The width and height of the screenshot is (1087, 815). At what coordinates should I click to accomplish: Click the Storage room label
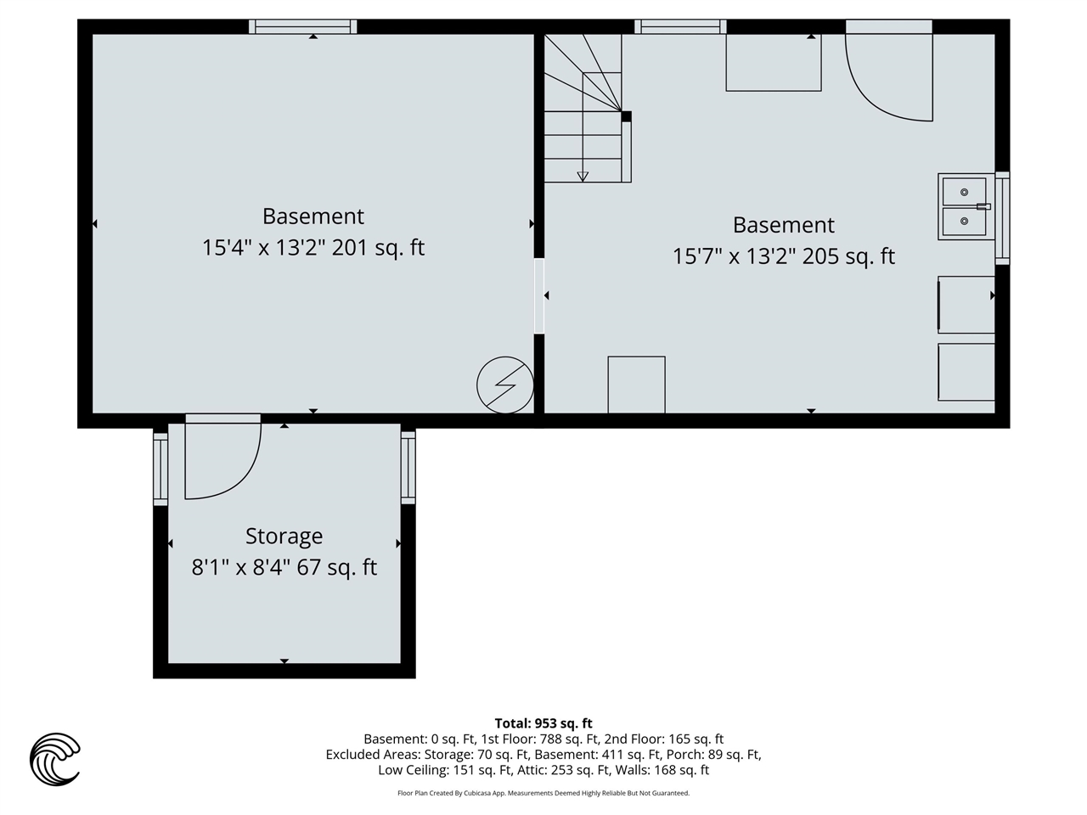(284, 537)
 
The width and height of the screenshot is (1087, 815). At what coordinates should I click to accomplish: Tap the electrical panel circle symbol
(505, 385)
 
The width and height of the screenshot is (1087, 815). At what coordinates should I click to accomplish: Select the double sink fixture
(964, 206)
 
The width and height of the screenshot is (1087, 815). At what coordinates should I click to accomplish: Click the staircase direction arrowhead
(583, 177)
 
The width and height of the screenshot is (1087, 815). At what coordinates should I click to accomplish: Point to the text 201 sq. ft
(378, 248)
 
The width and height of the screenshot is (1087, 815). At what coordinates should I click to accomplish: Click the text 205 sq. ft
(848, 256)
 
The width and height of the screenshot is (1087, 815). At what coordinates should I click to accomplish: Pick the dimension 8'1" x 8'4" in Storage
(240, 567)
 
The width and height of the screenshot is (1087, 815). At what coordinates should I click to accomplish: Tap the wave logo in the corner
(55, 758)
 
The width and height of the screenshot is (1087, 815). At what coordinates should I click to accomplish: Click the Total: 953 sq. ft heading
(543, 723)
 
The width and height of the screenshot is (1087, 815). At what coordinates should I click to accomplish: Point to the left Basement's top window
(303, 27)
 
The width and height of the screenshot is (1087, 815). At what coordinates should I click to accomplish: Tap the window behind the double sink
(1002, 216)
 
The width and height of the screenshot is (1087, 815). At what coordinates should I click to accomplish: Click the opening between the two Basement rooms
(538, 295)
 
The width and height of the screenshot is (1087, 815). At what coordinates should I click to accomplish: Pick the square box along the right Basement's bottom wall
(636, 385)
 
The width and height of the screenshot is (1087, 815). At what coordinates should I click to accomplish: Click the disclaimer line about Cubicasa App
(543, 793)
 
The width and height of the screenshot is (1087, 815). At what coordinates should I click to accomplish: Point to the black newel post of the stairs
(626, 116)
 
